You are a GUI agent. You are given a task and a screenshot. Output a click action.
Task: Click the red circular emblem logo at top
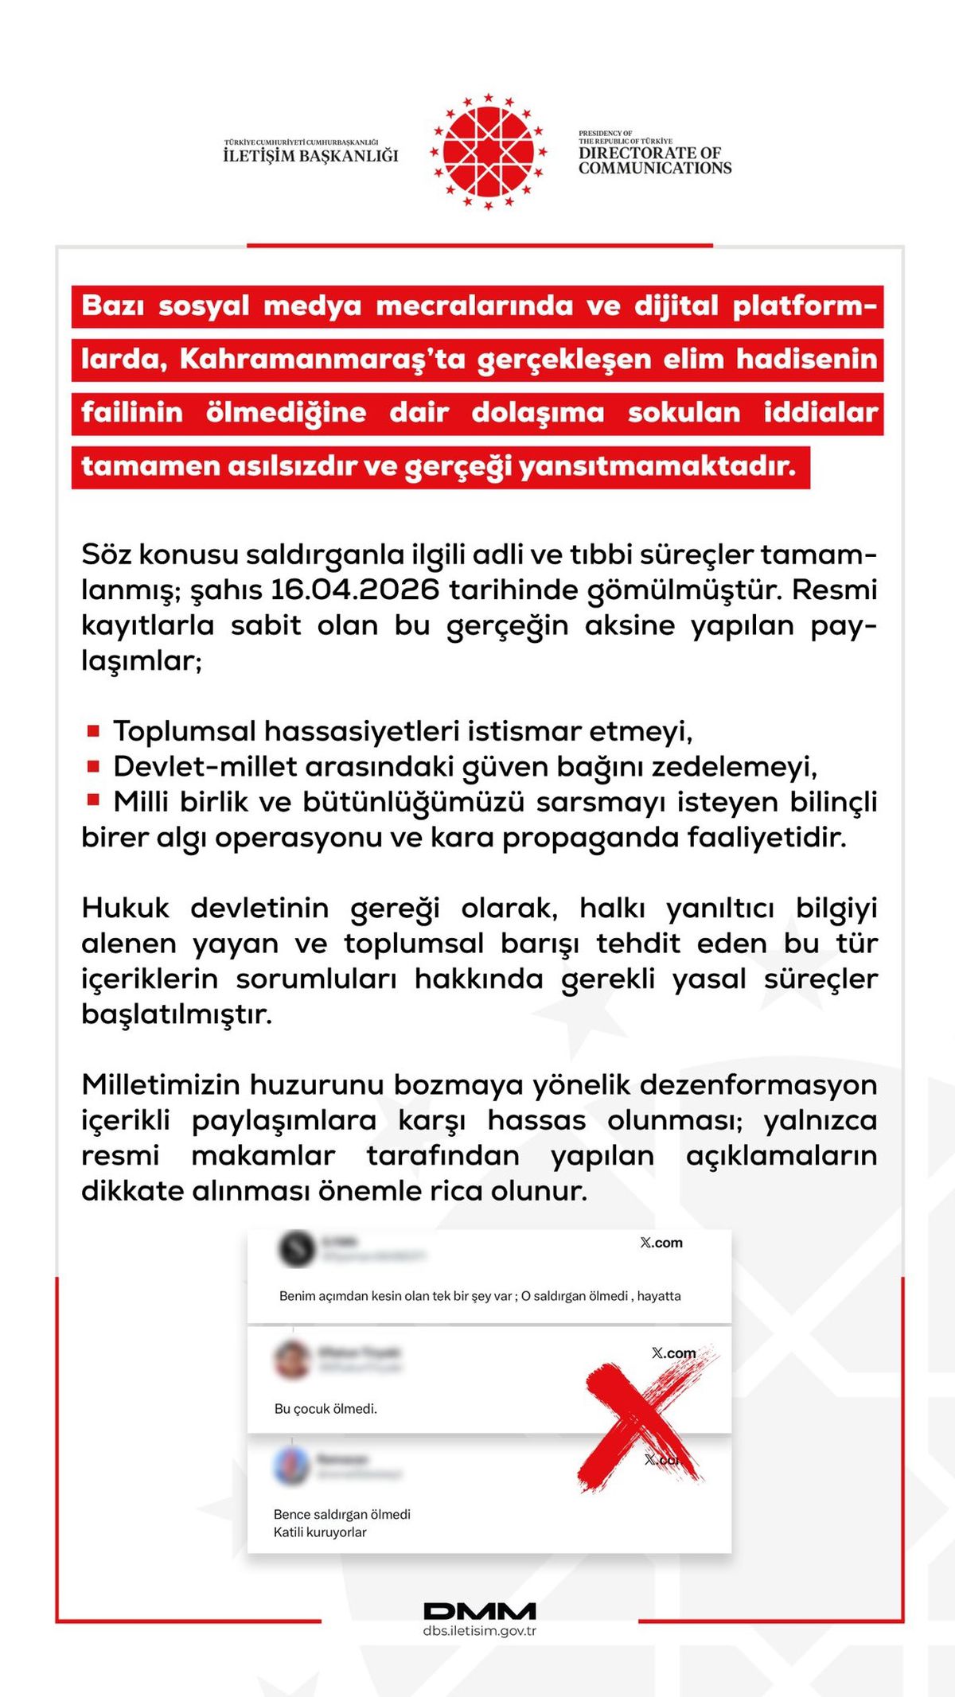pyautogui.click(x=488, y=151)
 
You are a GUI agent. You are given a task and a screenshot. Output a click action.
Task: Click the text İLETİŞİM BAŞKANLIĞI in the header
pyautogui.click(x=310, y=156)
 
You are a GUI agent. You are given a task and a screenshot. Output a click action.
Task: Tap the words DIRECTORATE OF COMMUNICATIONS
pyautogui.click(x=654, y=160)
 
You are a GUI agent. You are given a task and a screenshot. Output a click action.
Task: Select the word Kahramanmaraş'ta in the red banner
pyautogui.click(x=322, y=359)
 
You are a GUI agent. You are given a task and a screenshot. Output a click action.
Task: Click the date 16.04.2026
pyautogui.click(x=355, y=590)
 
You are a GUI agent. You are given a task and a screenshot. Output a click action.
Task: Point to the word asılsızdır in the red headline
pyautogui.click(x=292, y=466)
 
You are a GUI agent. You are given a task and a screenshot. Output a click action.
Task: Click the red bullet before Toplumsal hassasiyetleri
pyautogui.click(x=93, y=730)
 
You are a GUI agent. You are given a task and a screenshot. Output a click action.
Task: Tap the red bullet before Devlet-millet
pyautogui.click(x=93, y=766)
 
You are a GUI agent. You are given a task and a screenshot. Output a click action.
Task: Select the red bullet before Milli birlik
pyautogui.click(x=93, y=800)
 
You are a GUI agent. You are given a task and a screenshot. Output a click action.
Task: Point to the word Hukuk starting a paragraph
pyautogui.click(x=125, y=908)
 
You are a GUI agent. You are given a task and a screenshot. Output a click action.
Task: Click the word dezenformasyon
pyautogui.click(x=758, y=1084)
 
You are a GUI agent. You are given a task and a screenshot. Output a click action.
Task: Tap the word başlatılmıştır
pyautogui.click(x=176, y=1014)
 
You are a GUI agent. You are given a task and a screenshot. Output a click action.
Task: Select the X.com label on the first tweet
pyautogui.click(x=661, y=1243)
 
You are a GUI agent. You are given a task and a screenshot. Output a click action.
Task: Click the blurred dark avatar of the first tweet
pyautogui.click(x=297, y=1248)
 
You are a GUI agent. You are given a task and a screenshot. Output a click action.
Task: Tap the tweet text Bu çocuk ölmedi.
pyautogui.click(x=325, y=1409)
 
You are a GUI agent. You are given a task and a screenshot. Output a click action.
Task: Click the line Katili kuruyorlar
pyautogui.click(x=320, y=1532)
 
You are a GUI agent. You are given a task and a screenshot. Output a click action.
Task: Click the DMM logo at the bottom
pyautogui.click(x=480, y=1611)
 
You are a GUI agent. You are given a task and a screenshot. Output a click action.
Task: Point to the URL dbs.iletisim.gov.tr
pyautogui.click(x=480, y=1631)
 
